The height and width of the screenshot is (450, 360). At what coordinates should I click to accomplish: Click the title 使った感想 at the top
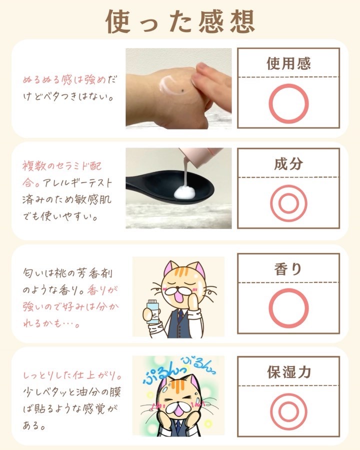click(180, 21)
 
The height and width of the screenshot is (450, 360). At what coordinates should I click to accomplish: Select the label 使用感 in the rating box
click(288, 63)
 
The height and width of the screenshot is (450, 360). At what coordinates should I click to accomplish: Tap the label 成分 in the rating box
click(288, 164)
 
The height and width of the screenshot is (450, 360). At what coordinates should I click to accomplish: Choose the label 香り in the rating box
click(288, 269)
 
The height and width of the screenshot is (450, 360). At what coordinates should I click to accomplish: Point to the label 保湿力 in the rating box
click(289, 372)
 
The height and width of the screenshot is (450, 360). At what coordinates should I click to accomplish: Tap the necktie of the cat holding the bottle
click(180, 315)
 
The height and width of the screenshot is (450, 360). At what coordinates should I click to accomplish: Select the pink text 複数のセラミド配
click(62, 166)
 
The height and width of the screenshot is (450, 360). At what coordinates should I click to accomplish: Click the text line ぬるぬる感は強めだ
click(70, 79)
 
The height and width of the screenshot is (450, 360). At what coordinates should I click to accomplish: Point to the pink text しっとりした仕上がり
click(72, 375)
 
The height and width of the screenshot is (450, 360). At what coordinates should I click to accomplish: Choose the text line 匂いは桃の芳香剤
click(68, 273)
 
